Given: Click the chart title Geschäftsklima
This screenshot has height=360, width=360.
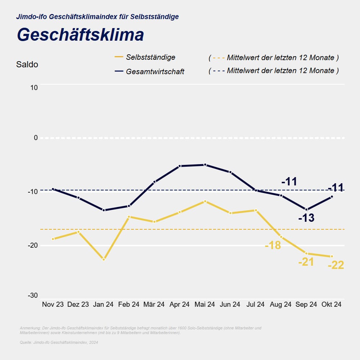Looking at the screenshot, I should pos(80,35).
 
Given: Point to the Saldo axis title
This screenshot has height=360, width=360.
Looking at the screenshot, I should pos(27,65).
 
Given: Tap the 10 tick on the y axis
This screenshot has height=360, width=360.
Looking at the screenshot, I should pos(33,87).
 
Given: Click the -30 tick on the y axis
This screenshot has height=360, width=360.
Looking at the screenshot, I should pos(33,296).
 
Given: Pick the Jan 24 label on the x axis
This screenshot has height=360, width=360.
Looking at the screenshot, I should pos(103,305).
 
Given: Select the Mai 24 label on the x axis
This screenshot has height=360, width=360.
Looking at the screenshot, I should pos(204,305).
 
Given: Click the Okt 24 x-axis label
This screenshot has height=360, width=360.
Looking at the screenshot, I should pos(331,305).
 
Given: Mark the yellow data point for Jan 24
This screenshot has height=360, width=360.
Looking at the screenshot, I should pos(104,260).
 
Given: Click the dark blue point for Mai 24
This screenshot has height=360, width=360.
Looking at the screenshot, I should pos(205,165).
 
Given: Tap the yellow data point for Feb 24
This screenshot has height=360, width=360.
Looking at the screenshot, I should pos(129,217).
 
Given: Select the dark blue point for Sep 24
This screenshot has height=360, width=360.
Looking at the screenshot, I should pos(306,210).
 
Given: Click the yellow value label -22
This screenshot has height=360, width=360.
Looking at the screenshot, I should pos(336,266).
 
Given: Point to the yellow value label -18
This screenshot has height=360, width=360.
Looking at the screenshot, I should pos(273,246).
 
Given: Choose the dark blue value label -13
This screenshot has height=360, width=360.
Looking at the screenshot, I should pos(306,218).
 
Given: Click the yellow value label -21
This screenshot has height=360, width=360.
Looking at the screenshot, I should pos(306,262).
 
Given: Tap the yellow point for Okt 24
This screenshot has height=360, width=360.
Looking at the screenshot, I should pos(332,256).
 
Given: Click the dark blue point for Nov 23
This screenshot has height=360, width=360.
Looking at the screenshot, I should pos(53,189).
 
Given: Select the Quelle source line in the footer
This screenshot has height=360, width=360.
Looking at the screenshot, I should pos(59,342).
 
